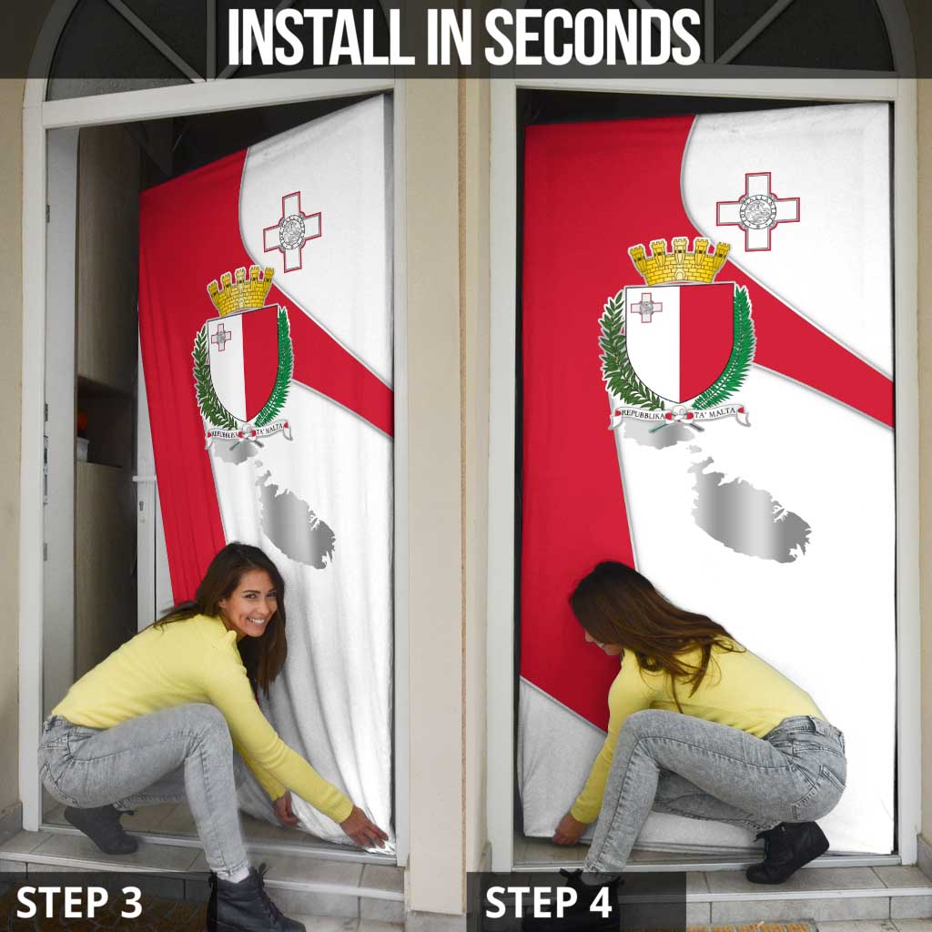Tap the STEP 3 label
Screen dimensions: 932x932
click(79, 901)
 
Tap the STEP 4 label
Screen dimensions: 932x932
click(549, 901)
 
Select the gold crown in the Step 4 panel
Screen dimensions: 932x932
click(679, 261)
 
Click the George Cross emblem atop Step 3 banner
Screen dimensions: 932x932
click(292, 231)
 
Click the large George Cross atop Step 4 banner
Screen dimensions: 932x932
click(757, 211)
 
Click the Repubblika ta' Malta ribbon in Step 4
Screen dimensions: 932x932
click(680, 416)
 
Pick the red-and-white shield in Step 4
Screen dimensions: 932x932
click(679, 340)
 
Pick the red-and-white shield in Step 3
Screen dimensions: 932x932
click(243, 361)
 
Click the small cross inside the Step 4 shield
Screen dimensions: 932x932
click(646, 307)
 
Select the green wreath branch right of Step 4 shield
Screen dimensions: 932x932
click(734, 350)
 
